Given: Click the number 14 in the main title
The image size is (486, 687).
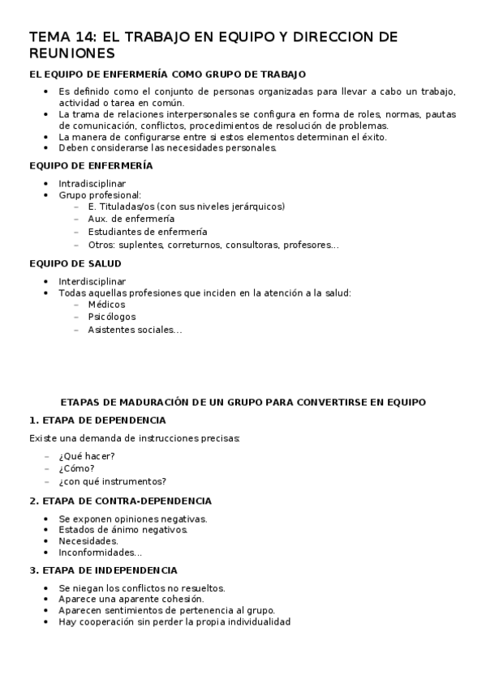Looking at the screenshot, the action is tap(84, 36).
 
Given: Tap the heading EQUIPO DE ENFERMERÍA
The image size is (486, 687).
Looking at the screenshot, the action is tap(90, 165).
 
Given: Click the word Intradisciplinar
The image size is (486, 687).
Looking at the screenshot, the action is tap(92, 183).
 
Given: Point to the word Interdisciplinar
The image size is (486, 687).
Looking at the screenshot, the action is tap(92, 281).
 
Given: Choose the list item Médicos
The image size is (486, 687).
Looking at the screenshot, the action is tap(106, 305).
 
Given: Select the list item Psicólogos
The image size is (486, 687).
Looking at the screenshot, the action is tap(112, 317).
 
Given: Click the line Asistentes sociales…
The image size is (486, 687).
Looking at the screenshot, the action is tap(135, 330).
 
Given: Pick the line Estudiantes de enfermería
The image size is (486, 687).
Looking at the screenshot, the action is tap(147, 232).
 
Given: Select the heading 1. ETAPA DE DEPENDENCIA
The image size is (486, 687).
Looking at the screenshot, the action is tap(97, 420).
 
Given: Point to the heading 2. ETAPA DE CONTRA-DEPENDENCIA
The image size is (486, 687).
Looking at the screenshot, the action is tap(120, 501).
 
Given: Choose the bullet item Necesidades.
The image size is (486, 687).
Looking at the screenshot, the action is tap(88, 540).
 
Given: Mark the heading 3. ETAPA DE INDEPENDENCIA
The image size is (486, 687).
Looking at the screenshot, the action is tap(103, 570).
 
